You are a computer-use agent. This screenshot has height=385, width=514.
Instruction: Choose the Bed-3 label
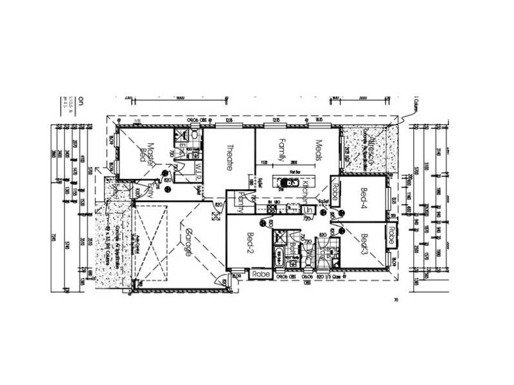[363, 245]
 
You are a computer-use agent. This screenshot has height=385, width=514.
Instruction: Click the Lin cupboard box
[308, 209]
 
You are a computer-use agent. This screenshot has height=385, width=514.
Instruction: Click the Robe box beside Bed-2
[260, 274]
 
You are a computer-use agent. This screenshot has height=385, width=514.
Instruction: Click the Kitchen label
[306, 190]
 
